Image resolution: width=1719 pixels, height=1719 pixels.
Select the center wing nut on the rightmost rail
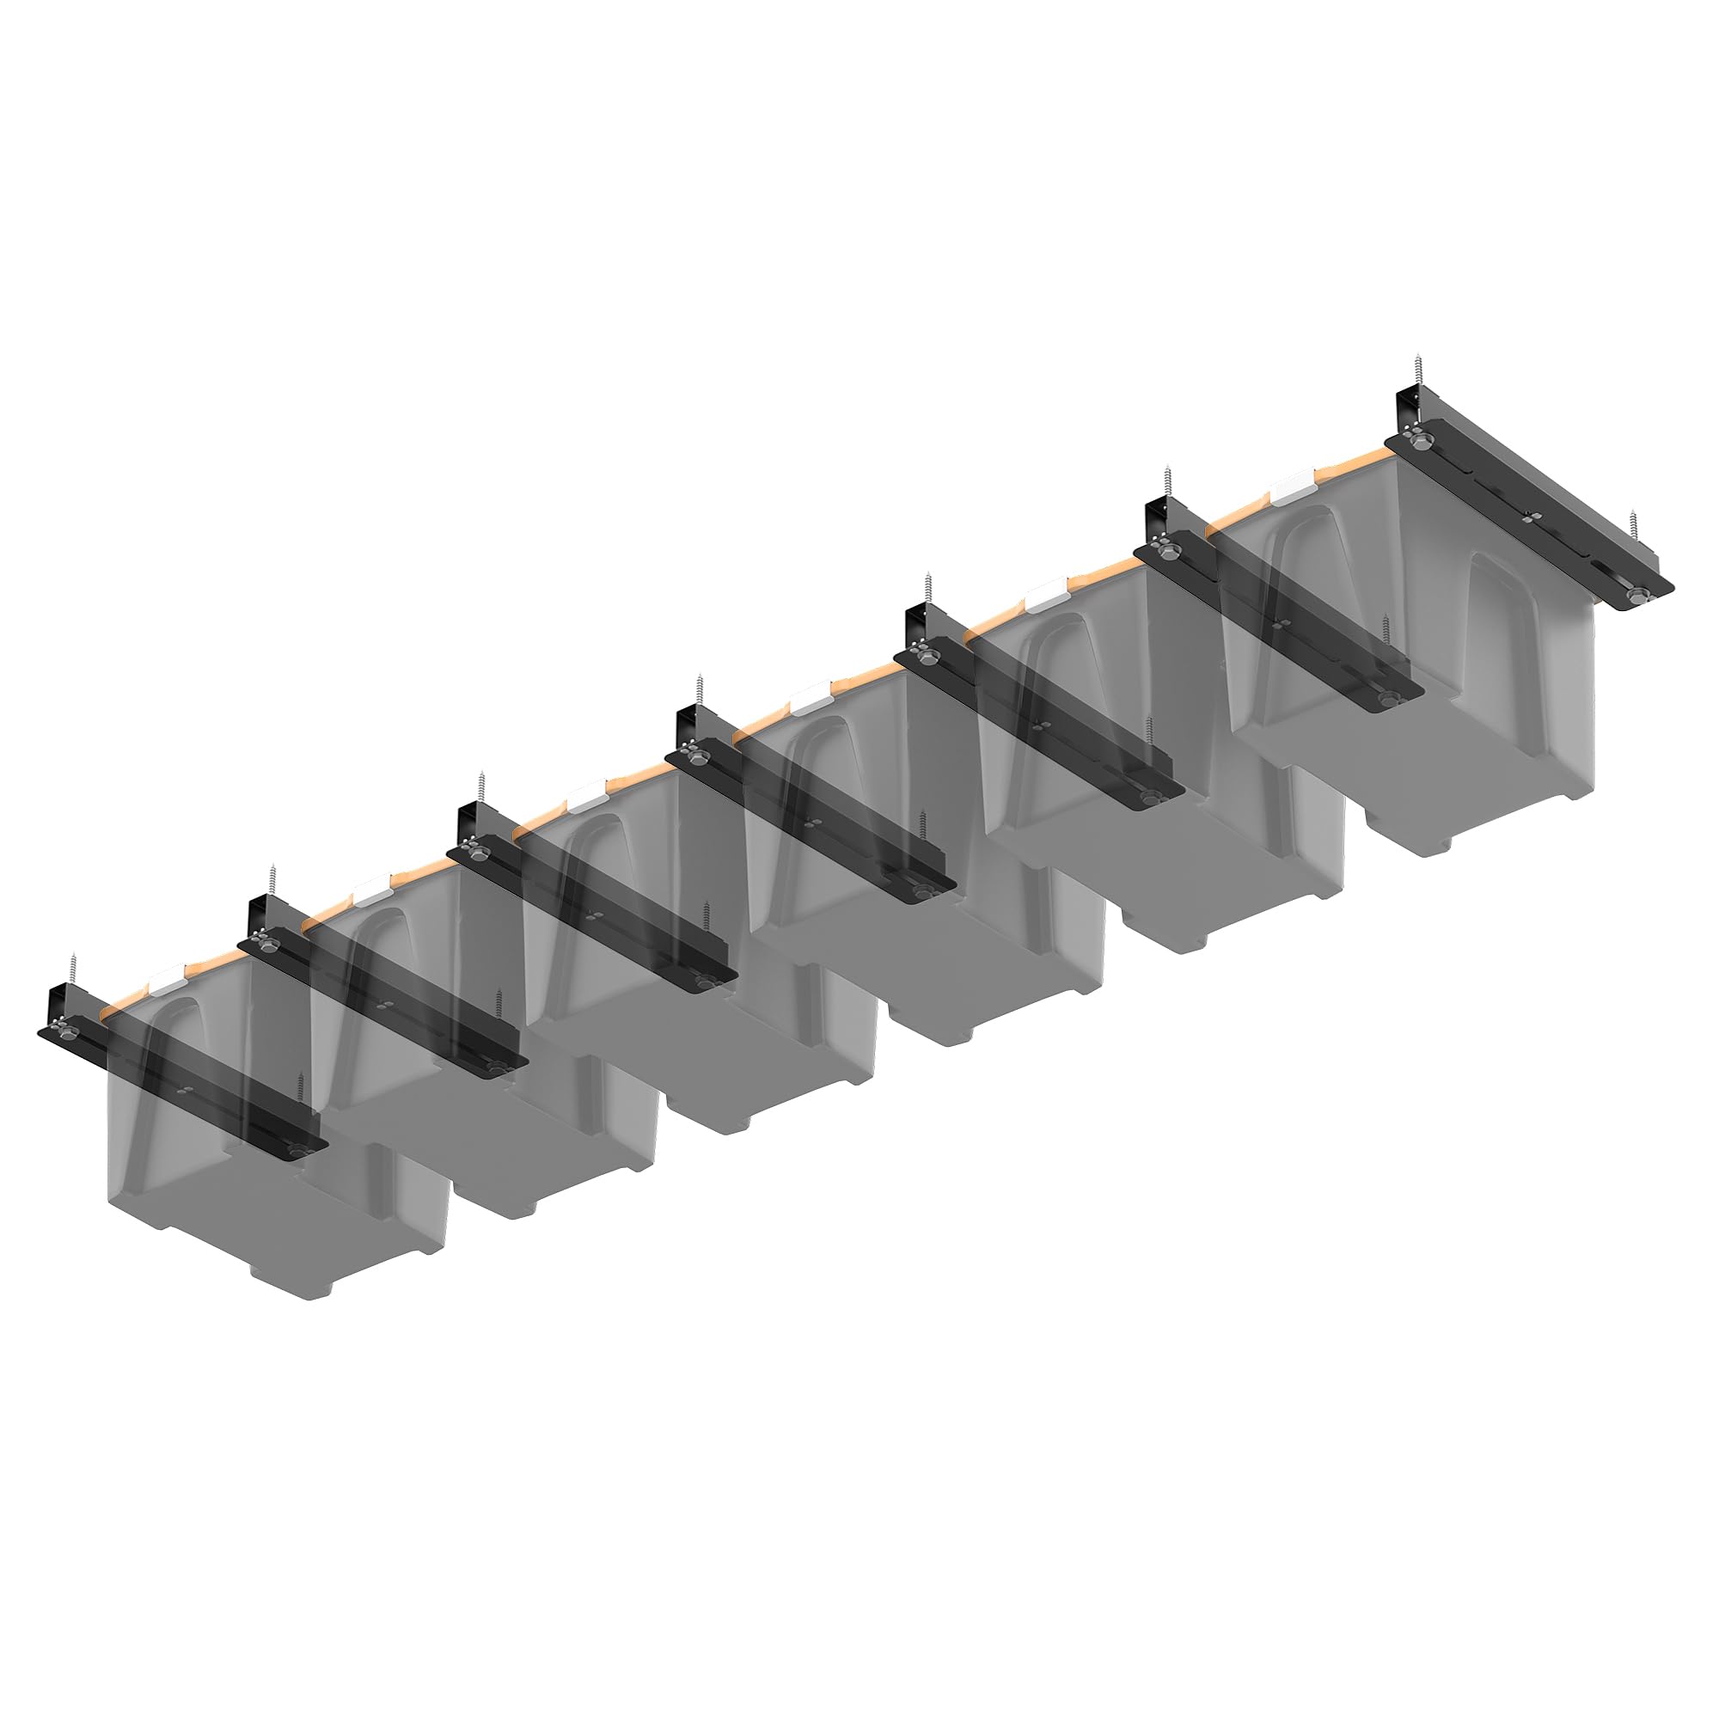coord(1526,515)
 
